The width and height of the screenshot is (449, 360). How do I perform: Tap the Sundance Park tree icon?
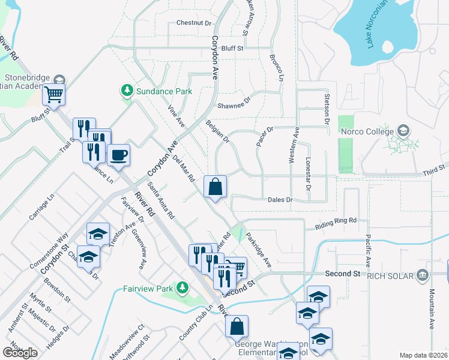click(x=127, y=91)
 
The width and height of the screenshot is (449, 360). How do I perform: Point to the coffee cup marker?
click(x=118, y=155)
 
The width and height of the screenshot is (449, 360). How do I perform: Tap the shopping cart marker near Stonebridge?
click(x=54, y=94)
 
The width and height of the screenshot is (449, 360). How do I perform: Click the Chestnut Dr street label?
click(x=194, y=23)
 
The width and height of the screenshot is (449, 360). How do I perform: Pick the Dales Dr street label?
click(x=280, y=199)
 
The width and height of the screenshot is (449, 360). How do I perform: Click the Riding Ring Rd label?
click(x=336, y=224)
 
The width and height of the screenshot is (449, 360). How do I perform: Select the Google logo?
click(x=20, y=353)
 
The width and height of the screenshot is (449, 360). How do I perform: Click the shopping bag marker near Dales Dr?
click(x=215, y=186)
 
